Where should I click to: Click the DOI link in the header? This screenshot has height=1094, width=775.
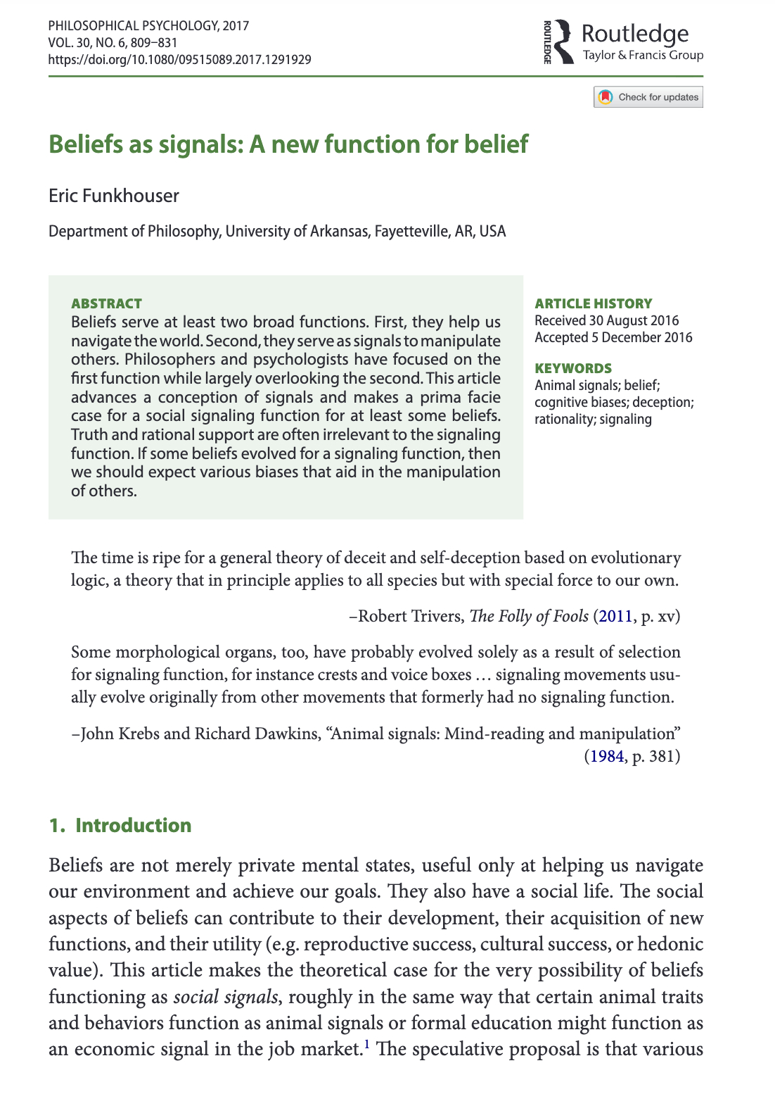179,59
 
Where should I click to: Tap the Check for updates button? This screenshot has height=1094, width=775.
648,97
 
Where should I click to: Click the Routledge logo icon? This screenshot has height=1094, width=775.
561,42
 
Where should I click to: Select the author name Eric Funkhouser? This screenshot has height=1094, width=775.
114,196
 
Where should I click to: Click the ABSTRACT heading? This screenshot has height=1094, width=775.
106,303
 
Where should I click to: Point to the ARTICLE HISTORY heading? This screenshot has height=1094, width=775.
593,303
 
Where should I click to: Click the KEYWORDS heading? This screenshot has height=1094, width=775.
573,368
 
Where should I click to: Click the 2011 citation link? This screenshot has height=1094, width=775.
615,617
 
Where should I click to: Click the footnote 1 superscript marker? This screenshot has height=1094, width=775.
366,1045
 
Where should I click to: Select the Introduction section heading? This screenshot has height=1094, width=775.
133,825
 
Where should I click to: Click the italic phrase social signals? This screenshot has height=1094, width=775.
225,997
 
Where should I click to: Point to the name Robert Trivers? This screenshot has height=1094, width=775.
411,617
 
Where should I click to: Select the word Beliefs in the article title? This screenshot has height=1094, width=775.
85,144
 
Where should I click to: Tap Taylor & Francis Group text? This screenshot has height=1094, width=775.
643,55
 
